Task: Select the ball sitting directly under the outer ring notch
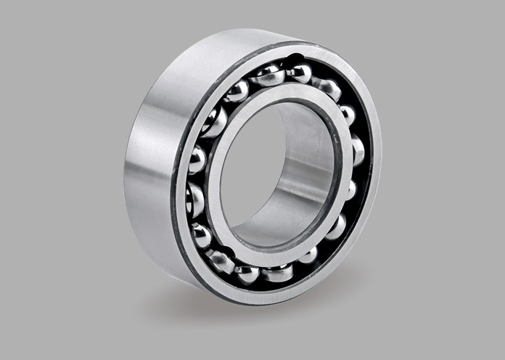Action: click(298, 72)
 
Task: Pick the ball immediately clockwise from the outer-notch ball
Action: click(329, 88)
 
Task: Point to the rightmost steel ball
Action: click(356, 150)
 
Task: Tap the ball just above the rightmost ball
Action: click(348, 115)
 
